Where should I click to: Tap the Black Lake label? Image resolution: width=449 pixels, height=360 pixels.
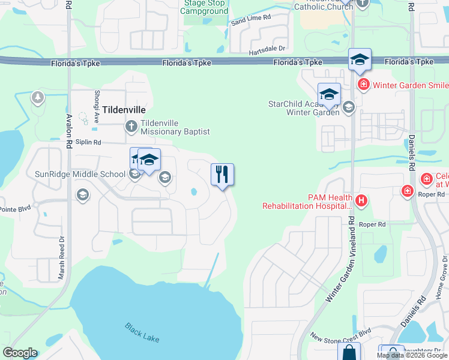coord(142,332)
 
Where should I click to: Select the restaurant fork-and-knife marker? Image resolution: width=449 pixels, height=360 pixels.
coord(222,175)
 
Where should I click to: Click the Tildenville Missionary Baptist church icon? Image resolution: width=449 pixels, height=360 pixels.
coord(131,126)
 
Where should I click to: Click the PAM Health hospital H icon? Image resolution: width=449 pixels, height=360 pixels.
coord(361,200)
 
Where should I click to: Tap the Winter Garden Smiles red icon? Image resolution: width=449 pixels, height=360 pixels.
coord(363,85)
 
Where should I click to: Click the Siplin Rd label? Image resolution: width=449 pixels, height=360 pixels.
coord(88,142)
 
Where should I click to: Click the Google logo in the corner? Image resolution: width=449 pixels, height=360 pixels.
coord(20,353)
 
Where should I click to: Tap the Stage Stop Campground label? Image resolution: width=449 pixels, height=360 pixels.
coord(205,7)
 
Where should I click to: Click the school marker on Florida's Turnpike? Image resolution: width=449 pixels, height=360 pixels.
coord(360,59)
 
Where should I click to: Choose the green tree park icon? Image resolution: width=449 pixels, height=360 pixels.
coord(38,97)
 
